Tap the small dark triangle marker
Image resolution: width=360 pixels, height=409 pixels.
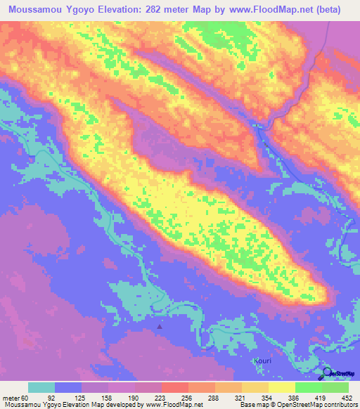pos(160,325)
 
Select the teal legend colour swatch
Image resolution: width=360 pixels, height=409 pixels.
pos(41,388)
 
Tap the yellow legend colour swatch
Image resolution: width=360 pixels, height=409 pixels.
pos(281,388)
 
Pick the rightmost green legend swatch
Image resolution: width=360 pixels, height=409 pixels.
pos(335,388)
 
